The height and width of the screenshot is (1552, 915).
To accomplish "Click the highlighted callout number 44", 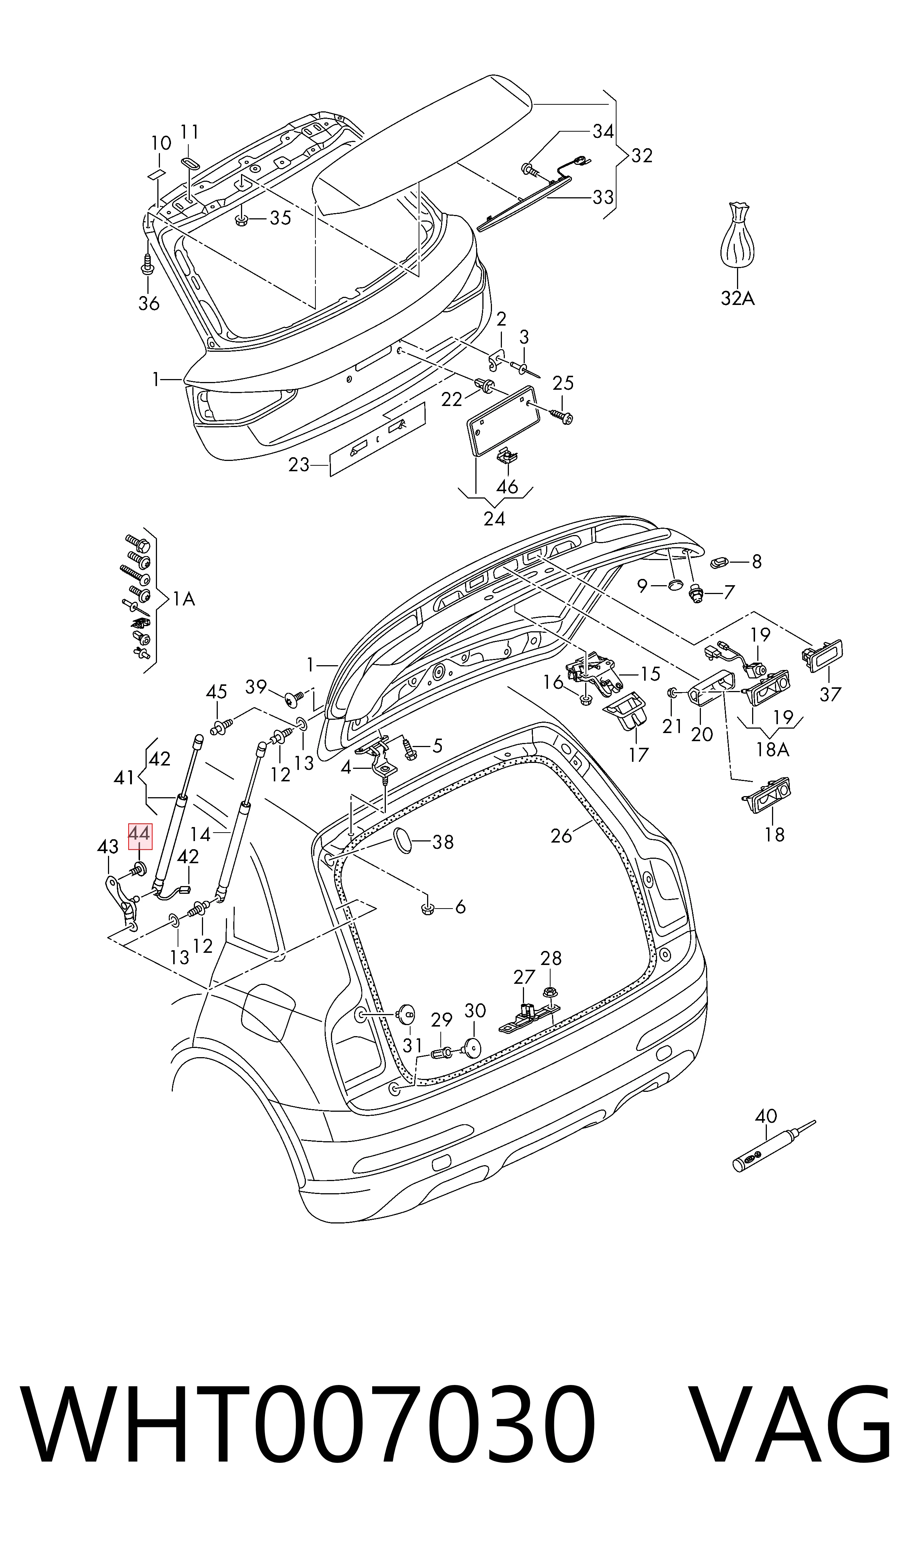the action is [x=139, y=836].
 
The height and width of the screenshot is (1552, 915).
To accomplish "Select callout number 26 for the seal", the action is [x=562, y=836].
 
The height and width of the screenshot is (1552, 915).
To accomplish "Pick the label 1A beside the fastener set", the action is [x=184, y=598].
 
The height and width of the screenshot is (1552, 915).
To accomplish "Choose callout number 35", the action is [x=280, y=218].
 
